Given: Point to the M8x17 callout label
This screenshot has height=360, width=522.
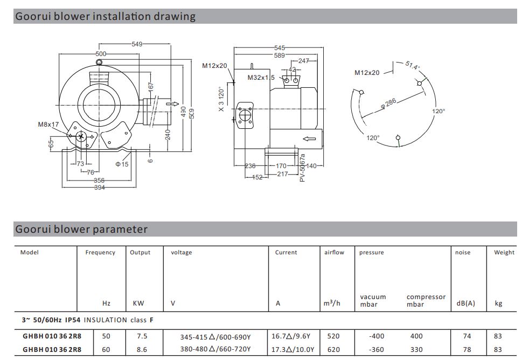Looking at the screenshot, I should pyautogui.click(x=48, y=124).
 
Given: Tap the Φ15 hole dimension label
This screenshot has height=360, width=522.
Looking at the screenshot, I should pyautogui.click(x=122, y=164).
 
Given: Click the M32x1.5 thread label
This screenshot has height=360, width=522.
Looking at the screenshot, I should pyautogui.click(x=261, y=78).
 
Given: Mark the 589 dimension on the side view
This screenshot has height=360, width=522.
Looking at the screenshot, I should pyautogui.click(x=279, y=54).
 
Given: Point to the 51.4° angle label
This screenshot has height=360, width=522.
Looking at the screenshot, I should pyautogui.click(x=413, y=66).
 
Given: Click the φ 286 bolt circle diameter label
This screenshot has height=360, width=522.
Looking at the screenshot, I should pyautogui.click(x=388, y=103).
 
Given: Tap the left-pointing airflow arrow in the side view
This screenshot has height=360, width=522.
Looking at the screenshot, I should pyautogui.click(x=309, y=139).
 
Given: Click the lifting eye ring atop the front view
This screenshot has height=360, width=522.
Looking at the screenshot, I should pyautogui.click(x=99, y=63).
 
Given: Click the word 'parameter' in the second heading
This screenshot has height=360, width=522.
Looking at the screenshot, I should pyautogui.click(x=120, y=229).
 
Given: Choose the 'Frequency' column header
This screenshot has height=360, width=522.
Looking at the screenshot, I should pyautogui.click(x=100, y=252).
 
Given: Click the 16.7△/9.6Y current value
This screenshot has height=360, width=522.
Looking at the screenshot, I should pyautogui.click(x=293, y=336).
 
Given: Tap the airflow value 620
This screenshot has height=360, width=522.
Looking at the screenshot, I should pyautogui.click(x=333, y=349).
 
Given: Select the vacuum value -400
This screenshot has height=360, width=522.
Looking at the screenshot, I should pyautogui.click(x=377, y=336).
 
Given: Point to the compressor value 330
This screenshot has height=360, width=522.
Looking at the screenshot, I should pyautogui.click(x=416, y=349).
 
